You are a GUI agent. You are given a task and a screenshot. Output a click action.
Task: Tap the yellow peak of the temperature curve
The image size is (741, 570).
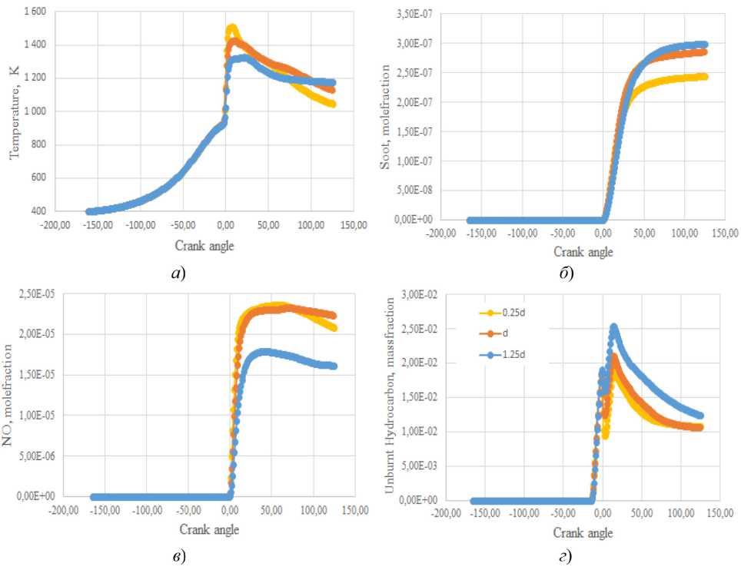[231, 29]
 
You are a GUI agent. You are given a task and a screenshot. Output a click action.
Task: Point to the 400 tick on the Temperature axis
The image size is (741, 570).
[39, 211]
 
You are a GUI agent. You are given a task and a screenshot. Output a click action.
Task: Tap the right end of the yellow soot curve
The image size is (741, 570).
[704, 77]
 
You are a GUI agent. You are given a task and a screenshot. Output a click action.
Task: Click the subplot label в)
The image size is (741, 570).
[182, 555]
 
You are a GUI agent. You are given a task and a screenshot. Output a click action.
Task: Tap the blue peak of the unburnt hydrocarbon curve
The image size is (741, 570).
[613, 327]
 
